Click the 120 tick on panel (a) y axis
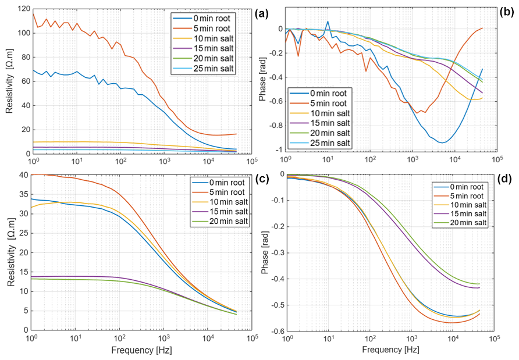pos(22,9)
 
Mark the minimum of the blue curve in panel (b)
pos(443,142)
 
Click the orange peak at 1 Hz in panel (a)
pos(33,13)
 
